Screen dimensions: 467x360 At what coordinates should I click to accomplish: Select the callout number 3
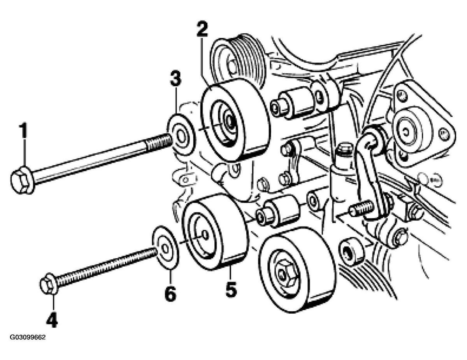click(x=176, y=79)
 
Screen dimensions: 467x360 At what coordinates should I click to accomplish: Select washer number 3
click(x=182, y=136)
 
